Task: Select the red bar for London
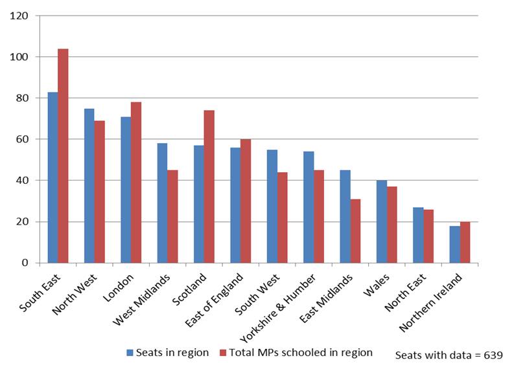coord(135,183)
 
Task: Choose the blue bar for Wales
coord(381,221)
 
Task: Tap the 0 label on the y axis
coord(26,263)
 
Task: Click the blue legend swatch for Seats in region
coord(130,353)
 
